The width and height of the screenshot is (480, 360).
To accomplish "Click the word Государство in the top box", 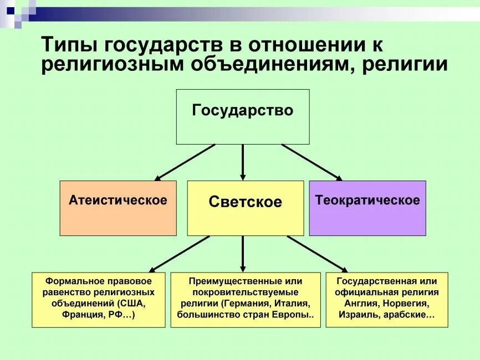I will pyautogui.click(x=242, y=110).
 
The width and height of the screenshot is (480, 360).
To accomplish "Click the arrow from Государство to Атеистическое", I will pyautogui.click(x=185, y=162).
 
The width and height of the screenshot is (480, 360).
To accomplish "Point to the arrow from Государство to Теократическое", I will pyautogui.click(x=312, y=162).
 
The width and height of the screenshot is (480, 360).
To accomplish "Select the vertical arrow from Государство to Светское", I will pyautogui.click(x=243, y=162).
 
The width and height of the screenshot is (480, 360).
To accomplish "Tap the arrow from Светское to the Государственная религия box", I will pyautogui.click(x=317, y=253).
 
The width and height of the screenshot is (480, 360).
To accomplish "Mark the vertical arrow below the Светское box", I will pyautogui.click(x=243, y=253).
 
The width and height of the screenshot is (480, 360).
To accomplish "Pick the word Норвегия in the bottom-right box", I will pyautogui.click(x=407, y=304).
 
